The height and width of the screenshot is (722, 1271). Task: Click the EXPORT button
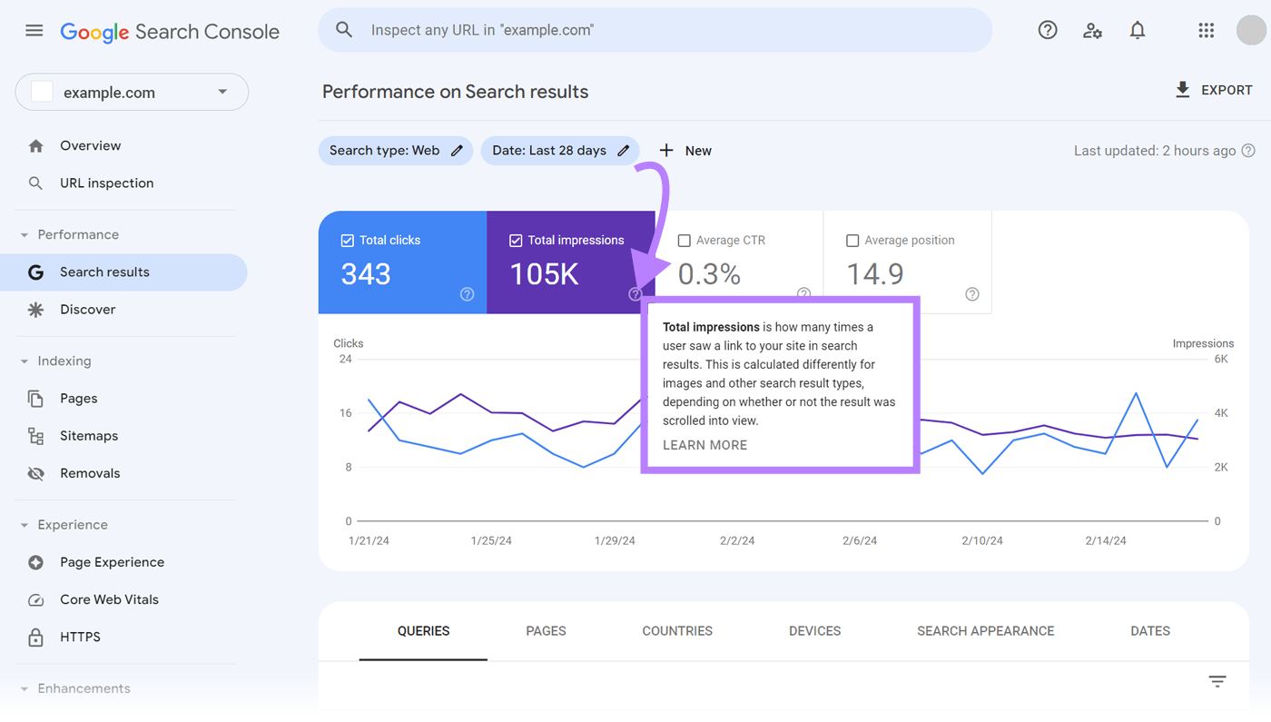1213,90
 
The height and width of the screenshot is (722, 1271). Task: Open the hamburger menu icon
34,31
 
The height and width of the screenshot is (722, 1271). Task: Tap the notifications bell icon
1138,31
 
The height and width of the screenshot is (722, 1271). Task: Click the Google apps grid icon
1206,31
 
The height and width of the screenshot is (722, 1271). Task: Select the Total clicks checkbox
347,241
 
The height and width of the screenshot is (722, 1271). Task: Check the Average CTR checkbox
685,241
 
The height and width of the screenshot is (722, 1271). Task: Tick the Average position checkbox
852,241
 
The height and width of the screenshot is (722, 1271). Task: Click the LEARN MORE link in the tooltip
704,445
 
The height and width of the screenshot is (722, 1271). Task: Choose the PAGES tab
546,631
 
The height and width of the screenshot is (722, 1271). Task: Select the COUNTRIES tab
677,631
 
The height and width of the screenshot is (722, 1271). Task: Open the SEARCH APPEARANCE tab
985,631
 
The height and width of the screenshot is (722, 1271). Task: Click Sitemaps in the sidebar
89,436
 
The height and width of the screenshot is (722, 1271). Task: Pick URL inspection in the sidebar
106,183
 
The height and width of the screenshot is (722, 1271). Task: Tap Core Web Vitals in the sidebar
109,599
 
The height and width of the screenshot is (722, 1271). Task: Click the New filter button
685,151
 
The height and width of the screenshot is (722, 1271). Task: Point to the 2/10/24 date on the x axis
982,540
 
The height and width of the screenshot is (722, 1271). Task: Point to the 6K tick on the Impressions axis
1221,360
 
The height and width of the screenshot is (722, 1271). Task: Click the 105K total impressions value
544,274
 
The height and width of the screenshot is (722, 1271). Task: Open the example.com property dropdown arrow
222,93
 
